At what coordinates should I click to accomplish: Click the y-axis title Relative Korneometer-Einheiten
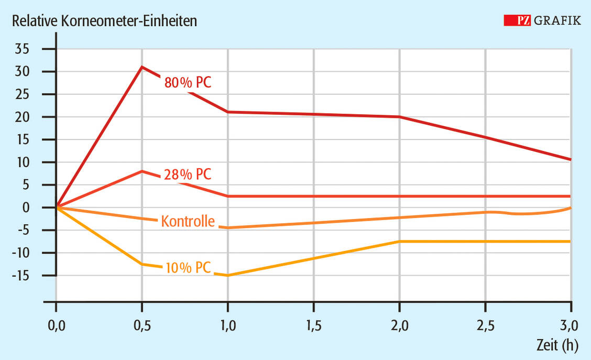[105, 21]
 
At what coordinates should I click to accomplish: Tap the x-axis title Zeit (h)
[556, 344]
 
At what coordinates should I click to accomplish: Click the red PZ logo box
[518, 20]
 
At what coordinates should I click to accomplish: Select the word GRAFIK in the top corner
[558, 20]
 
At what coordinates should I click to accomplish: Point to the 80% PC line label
[188, 82]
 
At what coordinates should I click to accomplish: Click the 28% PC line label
[188, 174]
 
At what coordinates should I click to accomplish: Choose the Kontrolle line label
[188, 221]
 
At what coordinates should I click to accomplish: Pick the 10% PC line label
[188, 267]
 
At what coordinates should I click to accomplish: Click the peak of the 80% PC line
[142, 67]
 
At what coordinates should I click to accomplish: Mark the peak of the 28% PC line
[142, 171]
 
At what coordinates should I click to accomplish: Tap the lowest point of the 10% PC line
[228, 275]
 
